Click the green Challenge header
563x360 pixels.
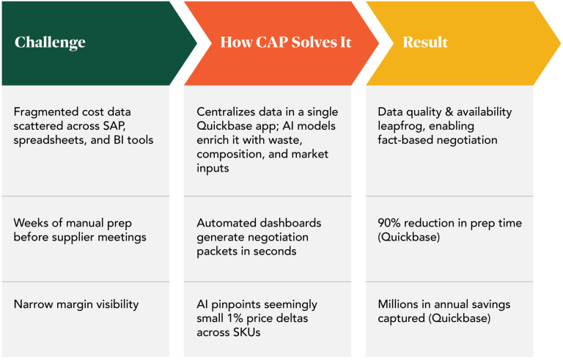tap(50, 42)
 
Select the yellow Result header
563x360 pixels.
tap(425, 42)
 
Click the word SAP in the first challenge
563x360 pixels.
tap(142, 125)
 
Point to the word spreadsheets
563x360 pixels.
tap(46, 139)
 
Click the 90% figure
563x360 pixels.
tap(391, 223)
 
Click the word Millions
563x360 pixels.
tap(401, 304)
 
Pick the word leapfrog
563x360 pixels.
tap(400, 125)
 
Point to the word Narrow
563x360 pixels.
tap(33, 304)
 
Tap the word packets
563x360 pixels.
tap(218, 251)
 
